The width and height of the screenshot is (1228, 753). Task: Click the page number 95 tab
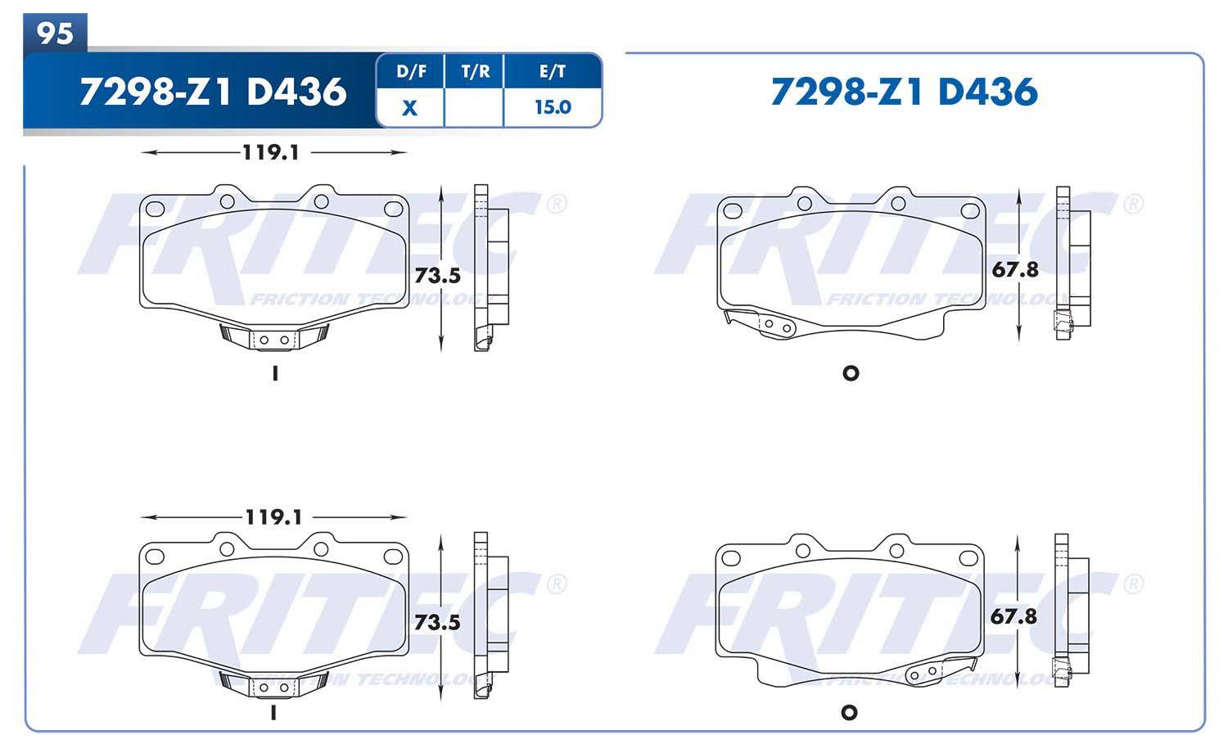[55, 33]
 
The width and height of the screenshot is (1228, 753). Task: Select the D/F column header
[411, 71]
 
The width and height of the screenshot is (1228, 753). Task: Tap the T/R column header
[476, 71]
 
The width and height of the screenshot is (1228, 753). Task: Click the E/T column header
[552, 71]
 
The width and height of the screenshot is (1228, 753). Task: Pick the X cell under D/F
[409, 108]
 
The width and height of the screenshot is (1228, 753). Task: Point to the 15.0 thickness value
[553, 107]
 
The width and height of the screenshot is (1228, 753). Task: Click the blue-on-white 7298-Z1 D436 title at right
[905, 92]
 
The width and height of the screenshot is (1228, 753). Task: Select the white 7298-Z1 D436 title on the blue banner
[213, 92]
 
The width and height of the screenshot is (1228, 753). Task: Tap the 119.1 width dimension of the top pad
[271, 152]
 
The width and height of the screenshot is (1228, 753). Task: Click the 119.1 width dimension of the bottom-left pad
[273, 516]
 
